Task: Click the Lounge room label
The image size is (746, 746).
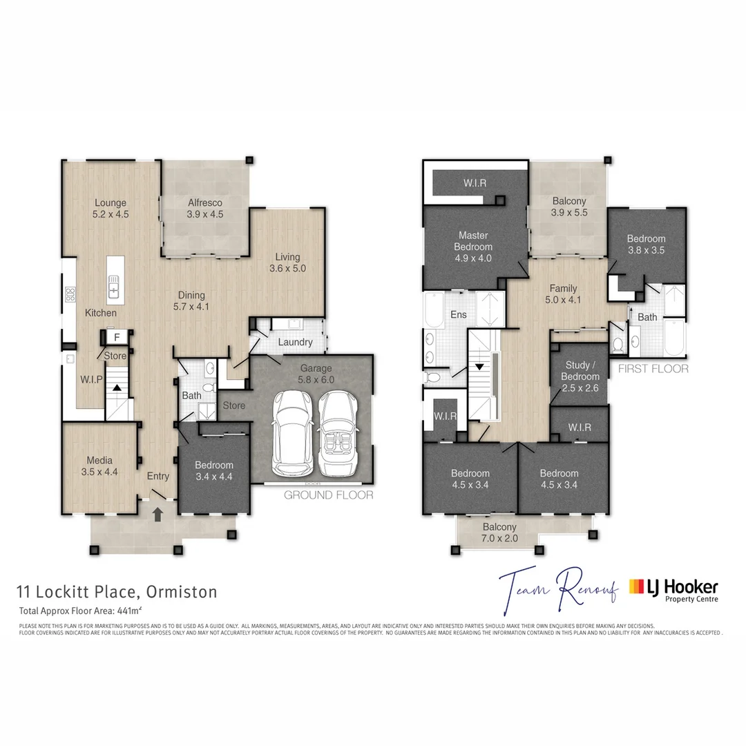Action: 111,209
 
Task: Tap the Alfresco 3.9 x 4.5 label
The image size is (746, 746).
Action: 205,209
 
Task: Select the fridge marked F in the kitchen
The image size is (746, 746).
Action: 117,337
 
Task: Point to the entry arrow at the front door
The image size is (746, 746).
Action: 158,514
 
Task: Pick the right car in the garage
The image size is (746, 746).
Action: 339,433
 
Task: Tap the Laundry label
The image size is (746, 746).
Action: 295,342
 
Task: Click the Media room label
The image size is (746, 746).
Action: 100,466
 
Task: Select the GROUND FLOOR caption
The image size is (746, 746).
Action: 329,495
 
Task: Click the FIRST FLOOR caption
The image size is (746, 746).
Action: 653,369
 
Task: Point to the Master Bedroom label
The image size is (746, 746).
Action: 473,247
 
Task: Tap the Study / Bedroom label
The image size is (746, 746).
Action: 577,376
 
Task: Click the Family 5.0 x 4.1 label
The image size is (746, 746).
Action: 563,294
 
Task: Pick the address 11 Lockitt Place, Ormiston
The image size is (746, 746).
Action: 117,592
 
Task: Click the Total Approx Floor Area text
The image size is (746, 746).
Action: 80,611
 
